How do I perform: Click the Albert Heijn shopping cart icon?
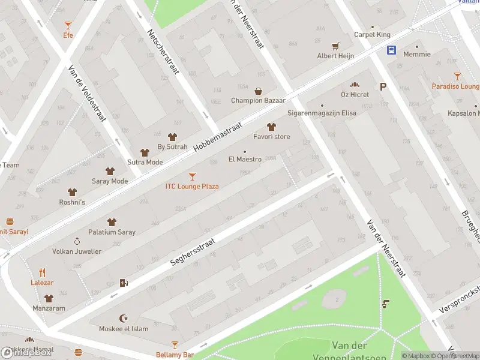335,46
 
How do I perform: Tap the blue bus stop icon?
391,50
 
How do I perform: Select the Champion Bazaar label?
258,100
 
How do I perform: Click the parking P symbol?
382,94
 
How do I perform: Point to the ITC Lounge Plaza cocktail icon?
192,176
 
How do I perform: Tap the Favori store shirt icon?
271,127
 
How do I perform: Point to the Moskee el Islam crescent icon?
125,319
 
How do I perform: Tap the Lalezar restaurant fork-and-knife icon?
42,272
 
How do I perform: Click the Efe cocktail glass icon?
68,25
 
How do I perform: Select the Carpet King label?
372,35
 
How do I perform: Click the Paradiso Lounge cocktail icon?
458,76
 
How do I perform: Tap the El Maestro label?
245,160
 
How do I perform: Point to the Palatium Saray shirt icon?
112,222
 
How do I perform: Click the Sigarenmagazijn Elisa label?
322,113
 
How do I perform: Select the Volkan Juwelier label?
77,251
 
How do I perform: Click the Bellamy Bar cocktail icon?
175,345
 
